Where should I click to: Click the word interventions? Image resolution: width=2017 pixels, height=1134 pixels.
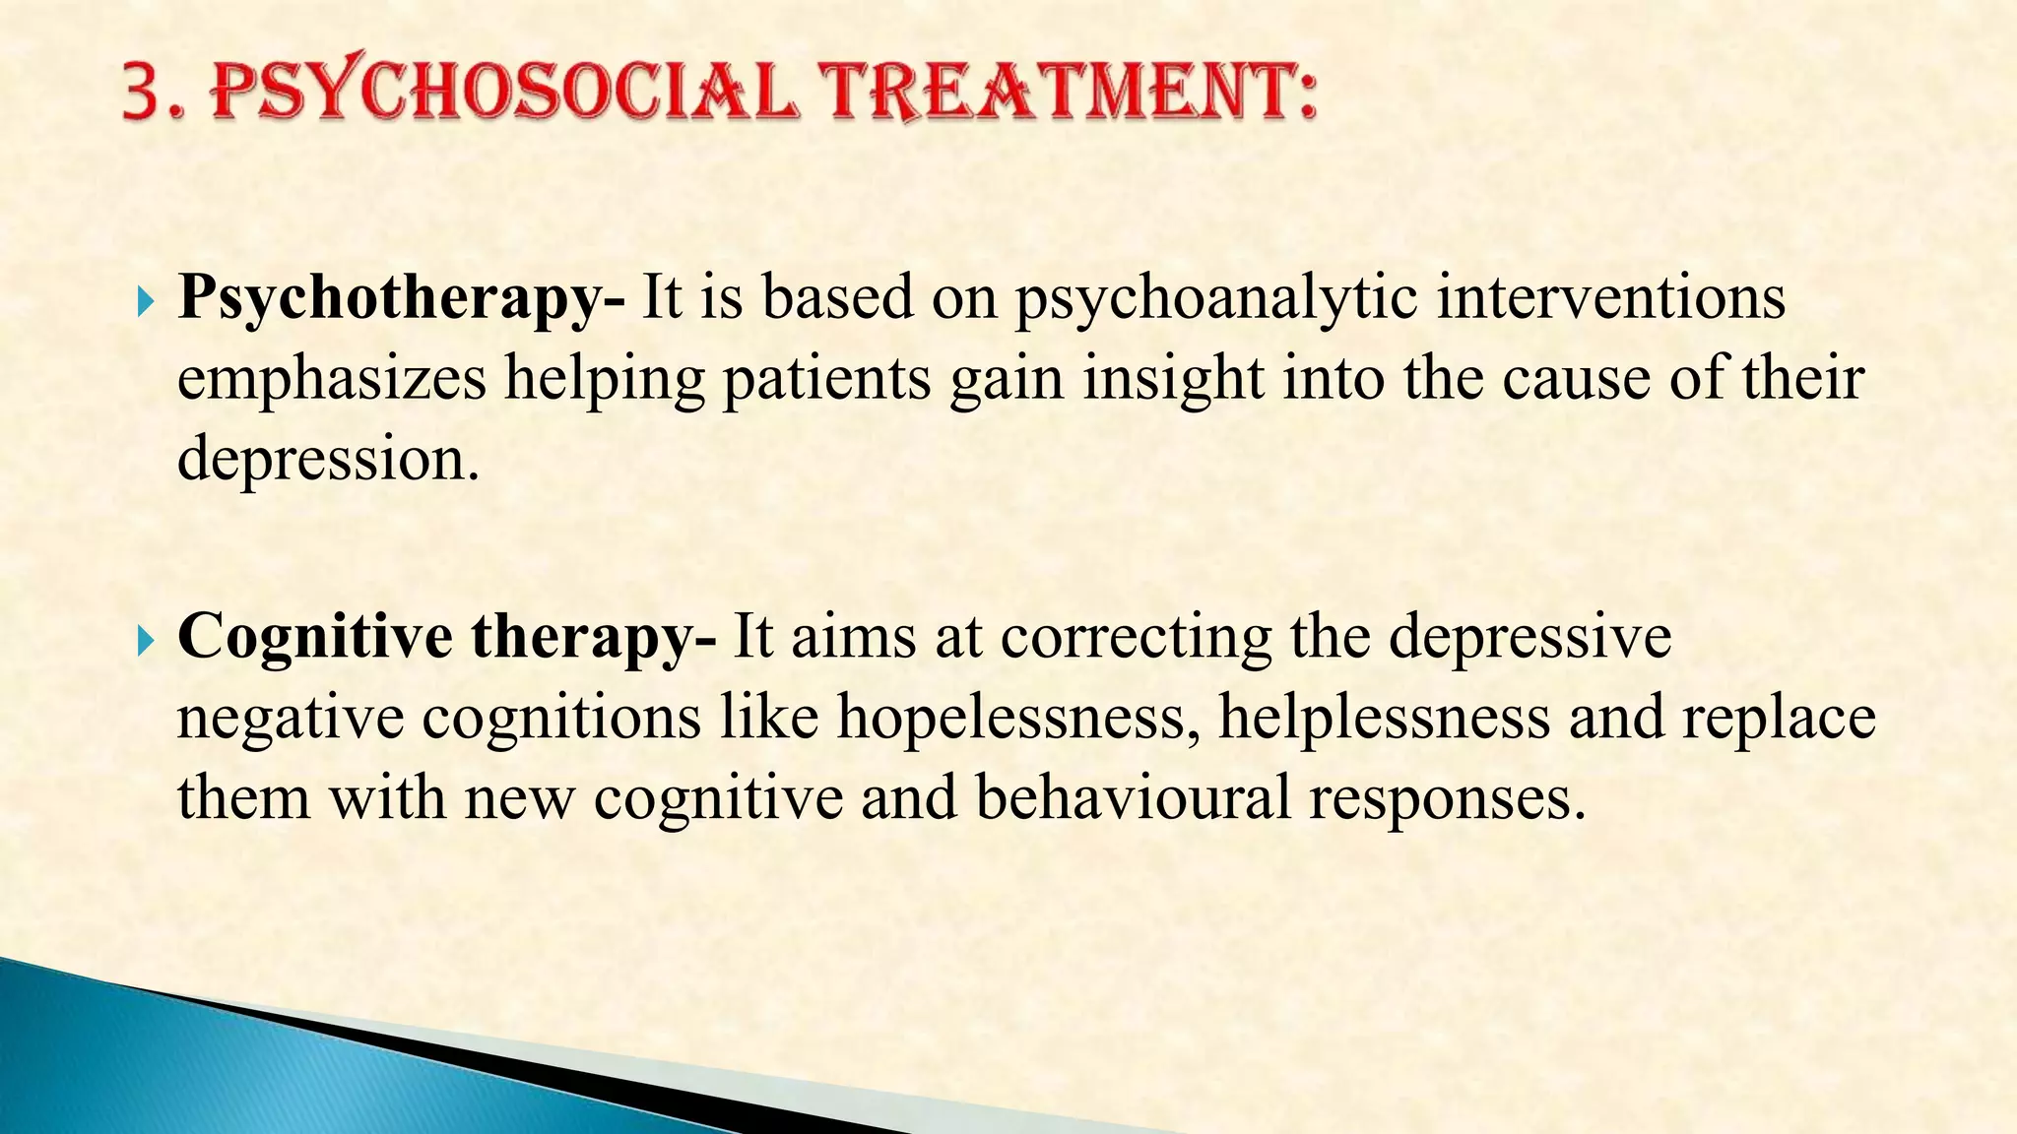(1611, 296)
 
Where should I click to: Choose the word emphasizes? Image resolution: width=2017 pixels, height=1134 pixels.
(332, 379)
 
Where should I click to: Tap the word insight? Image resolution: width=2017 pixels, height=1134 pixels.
(1173, 379)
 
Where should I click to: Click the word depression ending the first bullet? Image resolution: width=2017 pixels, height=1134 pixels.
(327, 460)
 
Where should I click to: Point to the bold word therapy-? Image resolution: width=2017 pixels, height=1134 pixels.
(594, 638)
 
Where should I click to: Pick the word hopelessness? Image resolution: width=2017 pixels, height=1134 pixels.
(1018, 718)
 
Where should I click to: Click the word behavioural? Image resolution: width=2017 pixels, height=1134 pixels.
(1133, 797)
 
